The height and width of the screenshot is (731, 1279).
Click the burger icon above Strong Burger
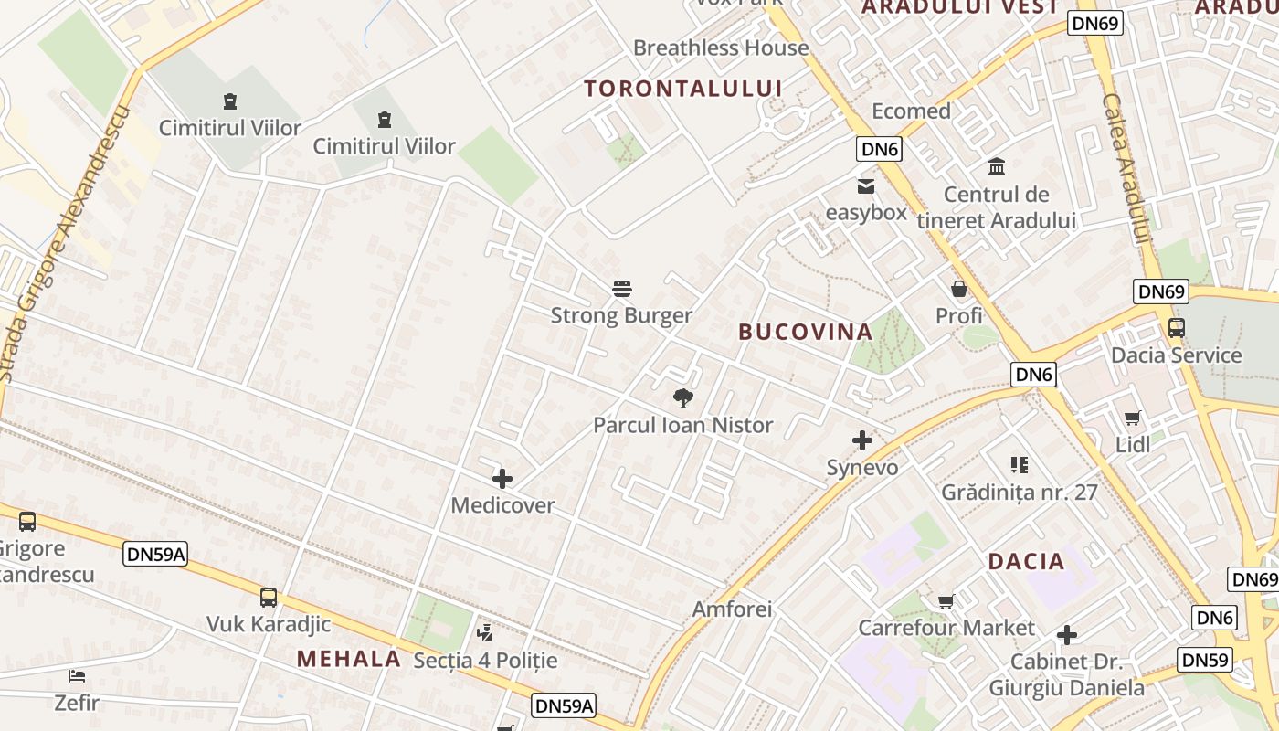[x=622, y=290]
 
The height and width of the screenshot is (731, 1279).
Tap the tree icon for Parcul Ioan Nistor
[x=682, y=398]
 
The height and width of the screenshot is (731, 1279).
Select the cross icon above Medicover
[x=502, y=479]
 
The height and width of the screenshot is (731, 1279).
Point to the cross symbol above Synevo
[x=861, y=441]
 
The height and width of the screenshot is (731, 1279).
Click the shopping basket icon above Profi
[x=959, y=290]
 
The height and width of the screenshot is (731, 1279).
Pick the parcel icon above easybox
[x=865, y=186]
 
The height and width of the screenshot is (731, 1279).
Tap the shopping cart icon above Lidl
[x=1133, y=418]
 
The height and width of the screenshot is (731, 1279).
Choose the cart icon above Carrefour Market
[x=946, y=602]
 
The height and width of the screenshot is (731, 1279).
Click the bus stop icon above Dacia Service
[x=1176, y=329]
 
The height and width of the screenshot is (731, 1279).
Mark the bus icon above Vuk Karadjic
[x=268, y=598]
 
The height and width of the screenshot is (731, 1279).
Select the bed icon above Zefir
[x=77, y=677]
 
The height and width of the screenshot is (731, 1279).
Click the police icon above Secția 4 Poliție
[x=485, y=632]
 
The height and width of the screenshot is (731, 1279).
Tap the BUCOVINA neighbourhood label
[x=805, y=332]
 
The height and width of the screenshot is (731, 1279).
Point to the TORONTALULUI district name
[x=682, y=89]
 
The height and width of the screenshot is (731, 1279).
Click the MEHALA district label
[x=349, y=659]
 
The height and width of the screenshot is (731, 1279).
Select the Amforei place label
[x=732, y=609]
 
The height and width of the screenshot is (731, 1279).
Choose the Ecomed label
[x=911, y=111]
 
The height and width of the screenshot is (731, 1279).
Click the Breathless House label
[x=721, y=48]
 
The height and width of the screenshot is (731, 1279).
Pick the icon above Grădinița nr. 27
[x=1020, y=465]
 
